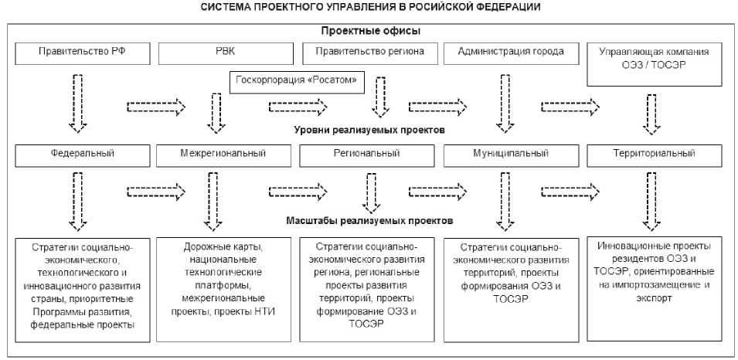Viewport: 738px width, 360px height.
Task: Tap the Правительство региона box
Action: tap(366, 53)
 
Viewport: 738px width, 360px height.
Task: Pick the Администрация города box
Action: tap(509, 53)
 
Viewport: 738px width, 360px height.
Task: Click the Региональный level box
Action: tap(366, 154)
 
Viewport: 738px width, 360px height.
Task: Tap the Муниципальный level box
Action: tap(509, 154)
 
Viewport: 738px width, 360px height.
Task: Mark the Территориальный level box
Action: tap(653, 154)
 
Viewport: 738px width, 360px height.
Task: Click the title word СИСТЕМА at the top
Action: tap(224, 7)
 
